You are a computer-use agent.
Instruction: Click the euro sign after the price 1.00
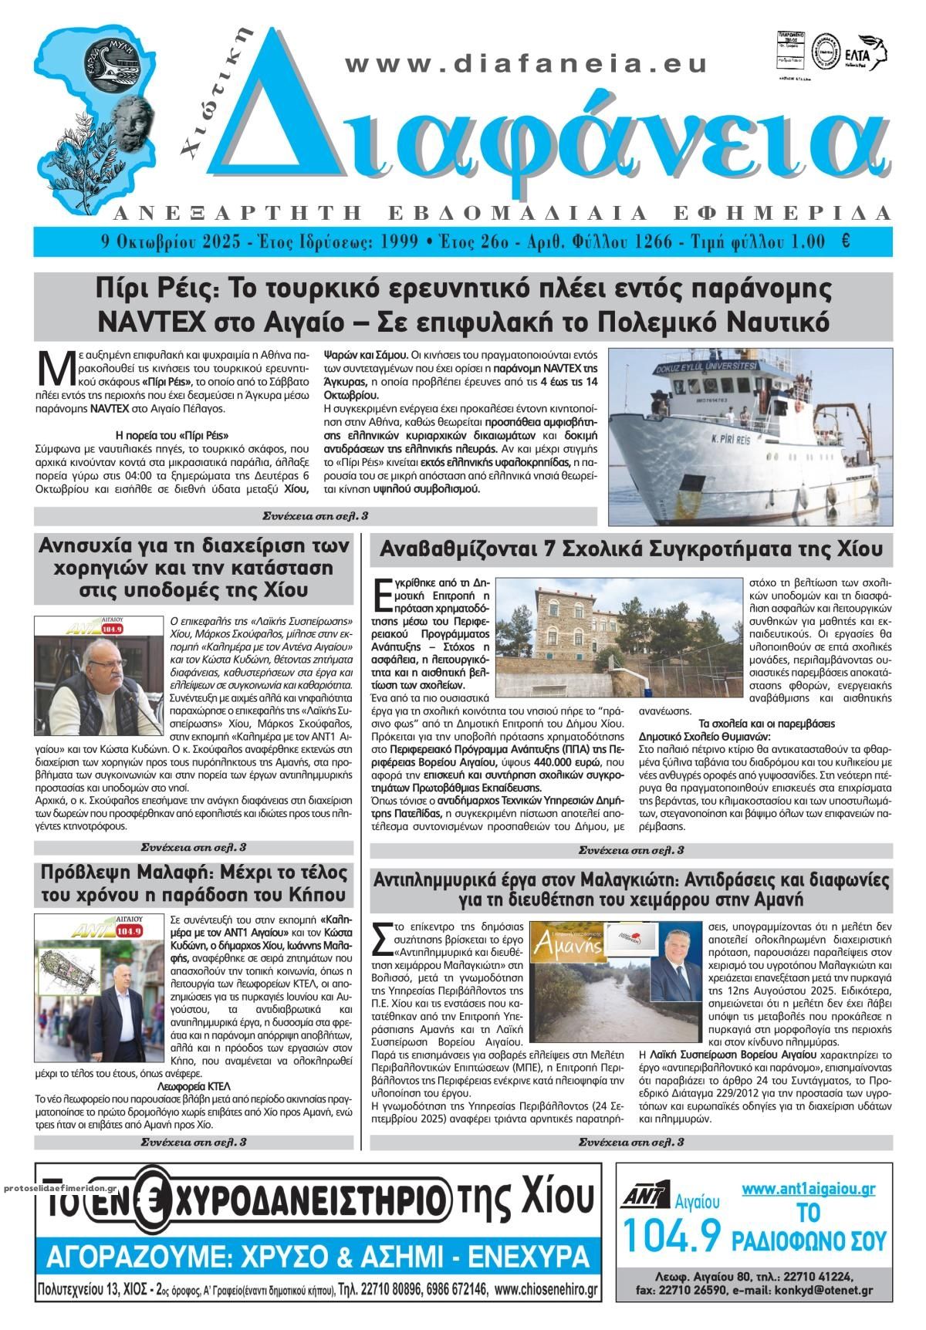[x=846, y=241]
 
